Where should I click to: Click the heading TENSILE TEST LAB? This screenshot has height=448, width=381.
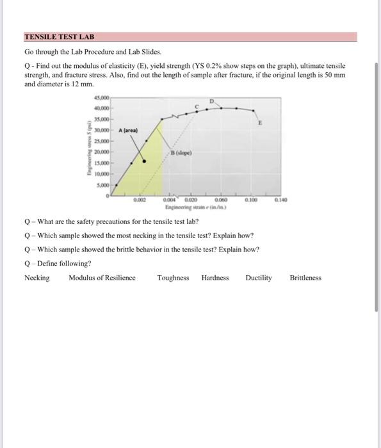tap(59, 38)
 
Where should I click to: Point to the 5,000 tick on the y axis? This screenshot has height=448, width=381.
tap(102, 184)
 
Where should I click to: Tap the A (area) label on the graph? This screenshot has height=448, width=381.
tap(127, 130)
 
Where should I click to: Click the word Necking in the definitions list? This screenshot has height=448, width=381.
tap(36, 278)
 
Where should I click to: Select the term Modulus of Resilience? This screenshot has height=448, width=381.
tap(102, 278)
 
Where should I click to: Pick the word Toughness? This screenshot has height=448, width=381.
tap(173, 278)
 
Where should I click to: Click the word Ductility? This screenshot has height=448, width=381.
tap(259, 278)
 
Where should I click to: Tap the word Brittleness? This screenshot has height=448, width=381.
tap(305, 278)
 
